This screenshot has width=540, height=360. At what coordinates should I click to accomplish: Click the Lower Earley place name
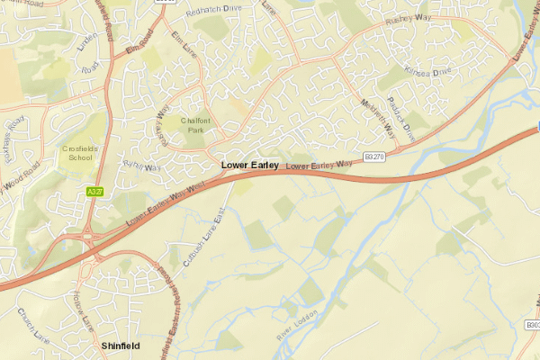pos(249,166)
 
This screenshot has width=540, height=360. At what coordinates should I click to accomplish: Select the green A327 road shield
pos(94,193)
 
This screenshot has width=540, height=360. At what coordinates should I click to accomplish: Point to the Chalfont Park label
pos(194,125)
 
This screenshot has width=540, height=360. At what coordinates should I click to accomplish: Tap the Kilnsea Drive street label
pos(426,70)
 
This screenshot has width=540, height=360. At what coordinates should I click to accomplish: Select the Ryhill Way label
pos(140,165)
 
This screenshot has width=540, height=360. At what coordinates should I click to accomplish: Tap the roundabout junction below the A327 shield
pos(91,236)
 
